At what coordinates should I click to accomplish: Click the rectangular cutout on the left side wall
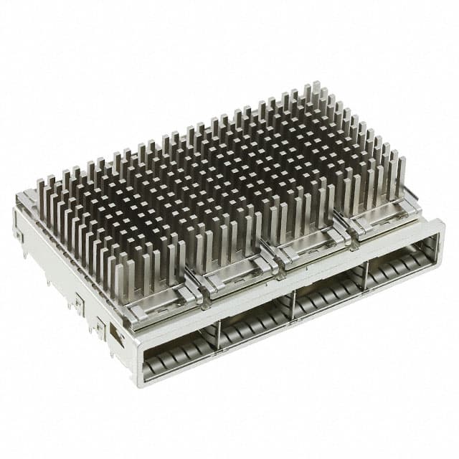pos(114,333)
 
